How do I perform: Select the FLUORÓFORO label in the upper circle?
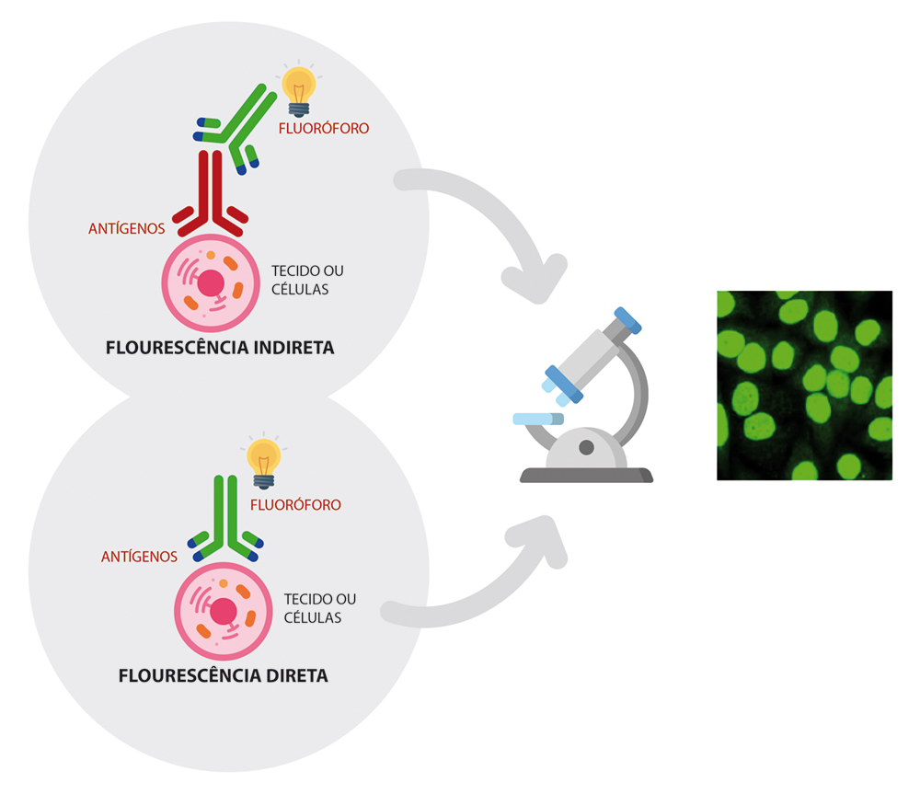pos(323,129)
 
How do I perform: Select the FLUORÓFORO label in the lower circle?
pos(295,505)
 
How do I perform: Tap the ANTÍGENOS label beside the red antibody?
pos(127,226)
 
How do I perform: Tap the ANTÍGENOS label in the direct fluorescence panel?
pos(139,557)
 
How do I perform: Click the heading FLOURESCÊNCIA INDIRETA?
pos(220,349)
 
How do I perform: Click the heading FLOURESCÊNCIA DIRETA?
pos(224,676)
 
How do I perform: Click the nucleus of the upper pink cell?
pos(212,282)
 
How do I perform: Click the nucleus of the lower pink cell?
pos(224,611)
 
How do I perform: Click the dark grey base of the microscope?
pos(586,476)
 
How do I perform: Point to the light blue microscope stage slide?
pos(537,420)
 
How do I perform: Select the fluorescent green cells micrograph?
pos(804,385)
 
